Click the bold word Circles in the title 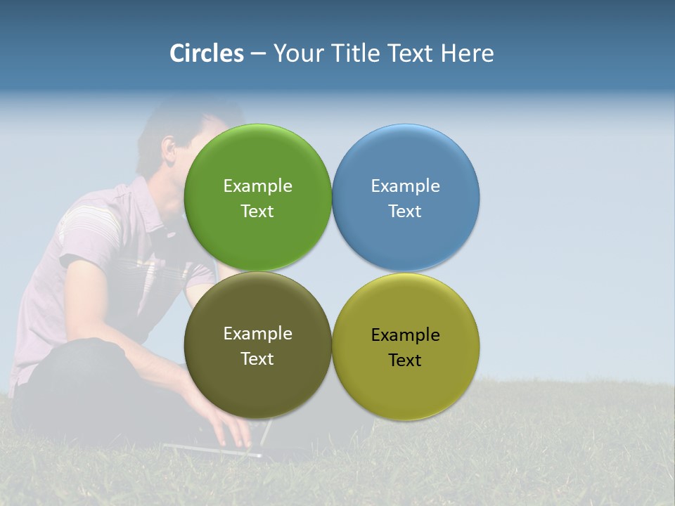pyautogui.click(x=207, y=53)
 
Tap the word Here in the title pyautogui.click(x=467, y=53)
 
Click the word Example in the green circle pyautogui.click(x=257, y=186)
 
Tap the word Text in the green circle pyautogui.click(x=257, y=211)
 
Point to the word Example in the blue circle pyautogui.click(x=406, y=186)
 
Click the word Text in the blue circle pyautogui.click(x=406, y=211)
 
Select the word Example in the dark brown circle pyautogui.click(x=257, y=333)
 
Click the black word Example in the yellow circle pyautogui.click(x=406, y=335)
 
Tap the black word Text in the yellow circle pyautogui.click(x=406, y=360)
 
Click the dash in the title pyautogui.click(x=258, y=53)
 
